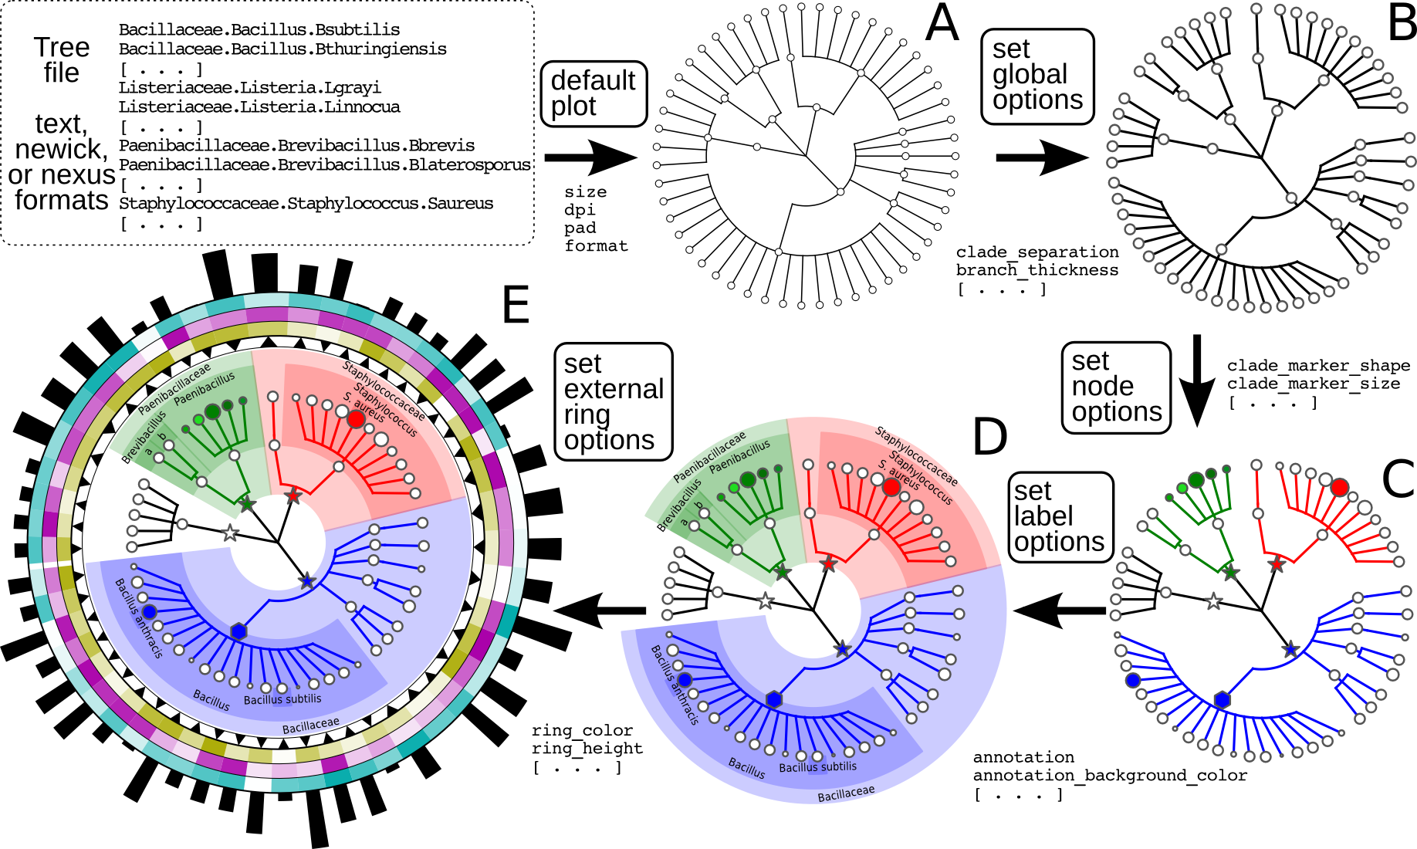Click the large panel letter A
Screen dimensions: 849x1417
coord(942,23)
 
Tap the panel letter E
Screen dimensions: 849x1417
coord(516,305)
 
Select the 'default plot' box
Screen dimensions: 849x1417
coord(594,93)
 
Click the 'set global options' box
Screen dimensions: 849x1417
coord(1037,76)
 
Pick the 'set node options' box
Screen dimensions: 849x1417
coord(1116,387)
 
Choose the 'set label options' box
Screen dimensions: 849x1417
coord(1060,516)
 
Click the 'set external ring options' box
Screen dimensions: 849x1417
coord(614,401)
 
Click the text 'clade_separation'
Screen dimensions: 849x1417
coord(1037,252)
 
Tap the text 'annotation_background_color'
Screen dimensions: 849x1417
coord(1110,775)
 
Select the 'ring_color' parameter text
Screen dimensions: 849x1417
coord(582,730)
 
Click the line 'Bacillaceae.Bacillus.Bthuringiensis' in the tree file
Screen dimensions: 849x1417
coord(282,49)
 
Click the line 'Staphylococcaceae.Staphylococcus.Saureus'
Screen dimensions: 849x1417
coord(306,204)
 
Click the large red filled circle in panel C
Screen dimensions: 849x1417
coord(1340,487)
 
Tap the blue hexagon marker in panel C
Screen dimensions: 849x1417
coord(1223,700)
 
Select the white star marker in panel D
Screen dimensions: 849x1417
coord(765,601)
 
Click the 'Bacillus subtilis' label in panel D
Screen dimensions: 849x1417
coord(817,767)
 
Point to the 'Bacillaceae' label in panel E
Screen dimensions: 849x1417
coord(310,726)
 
